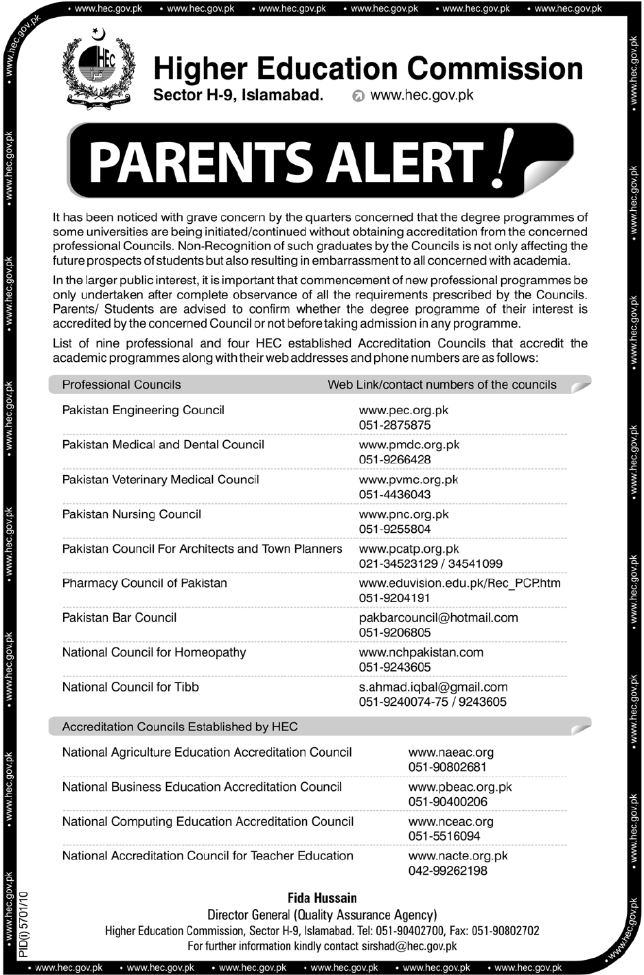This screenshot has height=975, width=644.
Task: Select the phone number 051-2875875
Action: pos(395,425)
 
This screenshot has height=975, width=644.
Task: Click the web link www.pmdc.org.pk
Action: pos(409,445)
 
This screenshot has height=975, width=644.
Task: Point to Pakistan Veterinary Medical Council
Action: pos(161,479)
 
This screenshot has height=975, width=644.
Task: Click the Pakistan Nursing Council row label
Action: pos(132,514)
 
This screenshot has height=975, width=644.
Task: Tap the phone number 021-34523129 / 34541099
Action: pos(430,564)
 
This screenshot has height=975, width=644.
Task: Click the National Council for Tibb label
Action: pos(130,687)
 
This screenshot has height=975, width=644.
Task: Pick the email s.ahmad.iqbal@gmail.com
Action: pos(433,687)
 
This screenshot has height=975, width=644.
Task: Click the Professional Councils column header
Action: pos(122,385)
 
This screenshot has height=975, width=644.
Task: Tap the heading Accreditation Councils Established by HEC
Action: pos(180,726)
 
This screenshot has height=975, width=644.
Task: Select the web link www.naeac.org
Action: pos(450,753)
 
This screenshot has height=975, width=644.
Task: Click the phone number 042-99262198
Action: pos(448,871)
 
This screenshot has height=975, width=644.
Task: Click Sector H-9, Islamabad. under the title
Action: pos(238,96)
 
